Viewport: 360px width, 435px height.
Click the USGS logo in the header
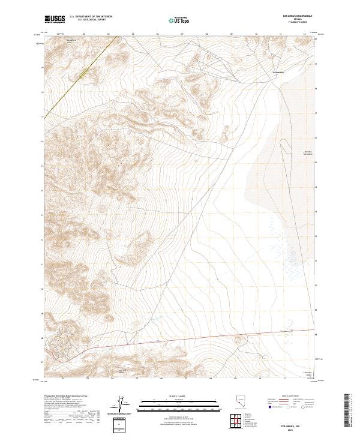(x=55, y=20)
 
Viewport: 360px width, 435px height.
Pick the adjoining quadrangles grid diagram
(x=238, y=421)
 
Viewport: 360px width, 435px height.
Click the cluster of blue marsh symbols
(x=282, y=246)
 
